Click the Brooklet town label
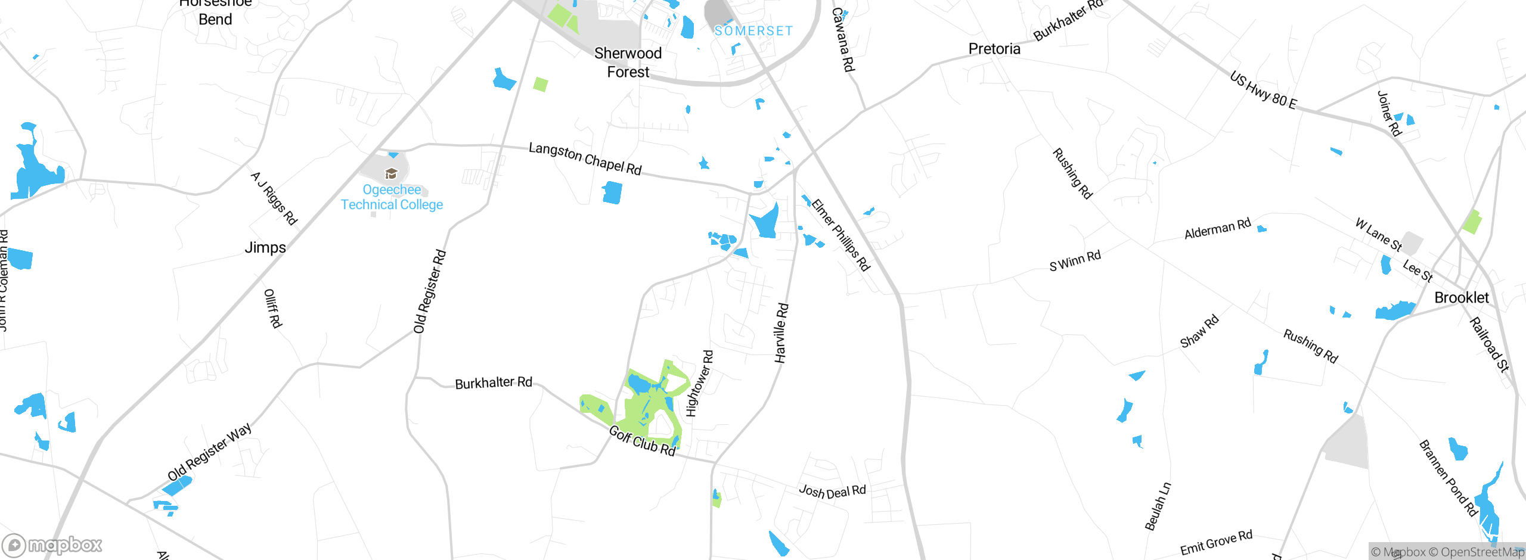pyautogui.click(x=1461, y=298)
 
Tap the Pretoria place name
pyautogui.click(x=994, y=49)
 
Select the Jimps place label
pyautogui.click(x=265, y=247)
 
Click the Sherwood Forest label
pyautogui.click(x=628, y=63)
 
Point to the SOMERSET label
pyautogui.click(x=753, y=31)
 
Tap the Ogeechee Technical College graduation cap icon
pyautogui.click(x=391, y=173)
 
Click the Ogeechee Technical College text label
pyautogui.click(x=392, y=197)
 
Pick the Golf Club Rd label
pyautogui.click(x=642, y=441)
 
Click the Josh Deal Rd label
pyautogui.click(x=832, y=491)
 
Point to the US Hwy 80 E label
pyautogui.click(x=1263, y=91)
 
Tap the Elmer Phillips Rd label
pyautogui.click(x=841, y=235)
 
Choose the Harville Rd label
pyautogui.click(x=781, y=333)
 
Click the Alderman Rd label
pyautogui.click(x=1217, y=229)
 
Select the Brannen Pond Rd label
pyautogui.click(x=1448, y=478)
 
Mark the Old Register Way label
pyautogui.click(x=210, y=452)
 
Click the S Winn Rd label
pyautogui.click(x=1075, y=261)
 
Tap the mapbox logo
pyautogui.click(x=52, y=545)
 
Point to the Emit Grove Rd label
pyautogui.click(x=1216, y=543)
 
